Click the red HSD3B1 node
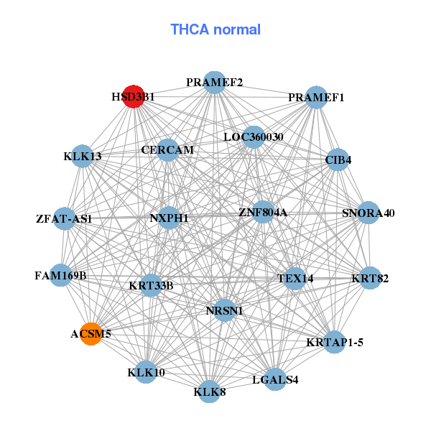pyautogui.click(x=134, y=96)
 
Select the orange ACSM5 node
pyautogui.click(x=91, y=334)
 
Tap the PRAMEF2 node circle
pyautogui.click(x=214, y=82)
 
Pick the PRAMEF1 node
pyautogui.click(x=316, y=97)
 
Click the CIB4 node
pyautogui.click(x=338, y=159)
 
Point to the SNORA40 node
pyautogui.click(x=368, y=213)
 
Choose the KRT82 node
pyautogui.click(x=369, y=278)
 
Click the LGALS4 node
pyautogui.click(x=275, y=379)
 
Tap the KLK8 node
pyautogui.click(x=209, y=391)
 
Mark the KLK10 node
pyautogui.click(x=147, y=372)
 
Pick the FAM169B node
pyautogui.click(x=61, y=275)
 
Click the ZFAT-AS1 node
pyautogui.click(x=65, y=218)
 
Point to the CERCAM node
pyautogui.click(x=167, y=150)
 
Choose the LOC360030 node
pyautogui.click(x=253, y=136)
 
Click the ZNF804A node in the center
pyautogui.click(x=263, y=213)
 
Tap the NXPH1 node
pyautogui.click(x=169, y=218)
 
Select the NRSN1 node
pyautogui.click(x=224, y=310)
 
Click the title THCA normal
pyautogui.click(x=215, y=29)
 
